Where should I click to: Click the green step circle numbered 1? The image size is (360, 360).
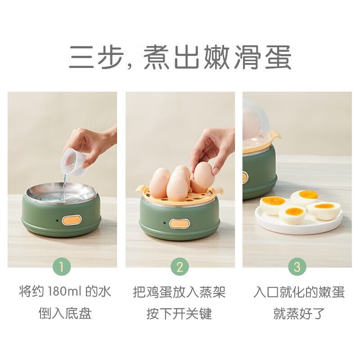[x=62, y=267]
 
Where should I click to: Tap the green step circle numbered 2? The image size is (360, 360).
[x=180, y=267]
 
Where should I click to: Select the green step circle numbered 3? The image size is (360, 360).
[x=297, y=267]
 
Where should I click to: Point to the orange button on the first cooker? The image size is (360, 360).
[x=72, y=220]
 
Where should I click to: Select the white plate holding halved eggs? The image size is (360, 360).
[x=299, y=220]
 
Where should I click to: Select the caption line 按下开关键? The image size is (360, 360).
[x=179, y=314]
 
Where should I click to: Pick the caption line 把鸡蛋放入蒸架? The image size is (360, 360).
[x=179, y=292]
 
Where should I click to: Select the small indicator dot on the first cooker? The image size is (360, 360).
[x=55, y=220]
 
